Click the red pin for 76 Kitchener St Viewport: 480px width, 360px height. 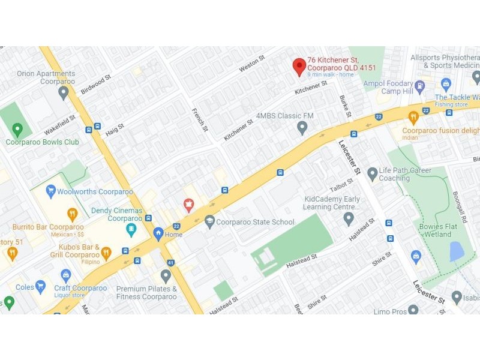click(299, 66)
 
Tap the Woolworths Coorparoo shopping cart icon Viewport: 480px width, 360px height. click(51, 192)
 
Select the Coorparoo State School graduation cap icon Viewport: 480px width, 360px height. click(209, 221)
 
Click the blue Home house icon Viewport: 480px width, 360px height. click(158, 233)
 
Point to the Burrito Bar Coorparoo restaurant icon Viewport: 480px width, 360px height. click(73, 214)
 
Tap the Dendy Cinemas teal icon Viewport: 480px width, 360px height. click(131, 229)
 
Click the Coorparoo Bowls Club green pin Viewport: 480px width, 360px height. click(17, 129)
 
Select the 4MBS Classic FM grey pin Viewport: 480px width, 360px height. click(302, 127)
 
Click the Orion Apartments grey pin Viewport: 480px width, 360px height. click(64, 92)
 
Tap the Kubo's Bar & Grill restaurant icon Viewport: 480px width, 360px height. click(106, 253)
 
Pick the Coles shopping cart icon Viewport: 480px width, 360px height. click(41, 286)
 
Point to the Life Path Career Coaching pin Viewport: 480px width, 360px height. click(373, 174)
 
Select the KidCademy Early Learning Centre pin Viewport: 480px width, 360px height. click(349, 218)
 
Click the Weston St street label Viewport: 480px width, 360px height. click(251, 64)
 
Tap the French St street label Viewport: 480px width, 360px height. click(199, 120)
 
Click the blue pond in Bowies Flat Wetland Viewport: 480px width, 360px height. click(457, 251)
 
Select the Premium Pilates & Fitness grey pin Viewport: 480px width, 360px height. click(166, 276)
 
